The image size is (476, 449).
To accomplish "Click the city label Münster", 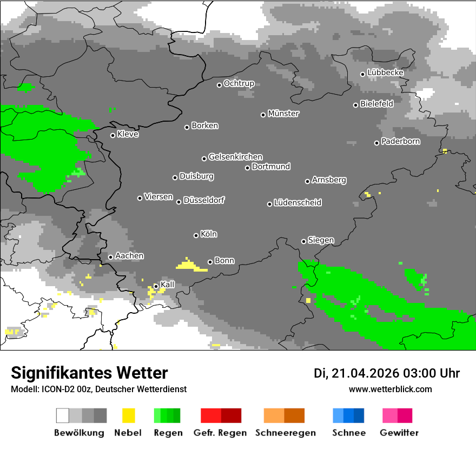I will pyautogui.click(x=283, y=114).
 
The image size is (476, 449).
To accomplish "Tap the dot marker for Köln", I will pyautogui.click(x=196, y=235).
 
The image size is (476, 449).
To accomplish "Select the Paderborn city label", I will pyautogui.click(x=400, y=142).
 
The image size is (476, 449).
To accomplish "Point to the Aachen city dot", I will pyautogui.click(x=110, y=257).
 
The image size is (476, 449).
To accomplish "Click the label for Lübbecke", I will pyautogui.click(x=385, y=72).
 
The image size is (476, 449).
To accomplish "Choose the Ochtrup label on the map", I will pyautogui.click(x=239, y=84).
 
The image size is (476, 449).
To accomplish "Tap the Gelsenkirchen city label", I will pyautogui.click(x=235, y=157).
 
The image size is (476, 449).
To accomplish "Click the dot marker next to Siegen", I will pyautogui.click(x=303, y=241).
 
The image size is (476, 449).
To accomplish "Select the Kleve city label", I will pyautogui.click(x=128, y=134).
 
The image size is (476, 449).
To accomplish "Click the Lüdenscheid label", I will pyautogui.click(x=297, y=203).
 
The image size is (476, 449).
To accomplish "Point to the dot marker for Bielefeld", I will pyautogui.click(x=355, y=105).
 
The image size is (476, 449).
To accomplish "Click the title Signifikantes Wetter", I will pyautogui.click(x=89, y=373).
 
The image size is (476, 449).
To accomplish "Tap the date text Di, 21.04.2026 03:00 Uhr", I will pyautogui.click(x=386, y=373).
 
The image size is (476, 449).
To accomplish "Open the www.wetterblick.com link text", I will pyautogui.click(x=390, y=389).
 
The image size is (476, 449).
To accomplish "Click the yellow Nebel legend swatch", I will pyautogui.click(x=128, y=415).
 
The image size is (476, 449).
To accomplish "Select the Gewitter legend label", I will pyautogui.click(x=399, y=433).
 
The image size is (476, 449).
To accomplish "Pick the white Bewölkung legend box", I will pyautogui.click(x=63, y=415).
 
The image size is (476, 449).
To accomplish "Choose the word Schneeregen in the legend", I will pyautogui.click(x=285, y=433).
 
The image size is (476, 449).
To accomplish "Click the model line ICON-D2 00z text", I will pyautogui.click(x=98, y=389).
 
